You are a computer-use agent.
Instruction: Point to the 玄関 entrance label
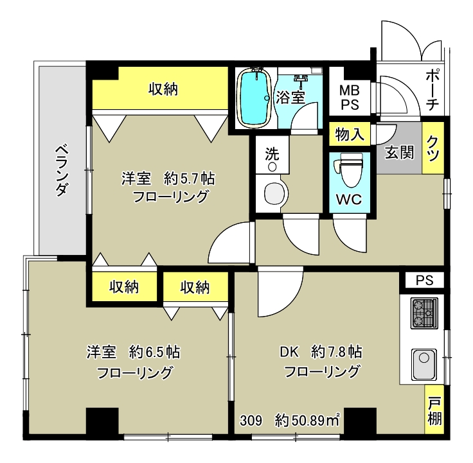[x=399, y=153]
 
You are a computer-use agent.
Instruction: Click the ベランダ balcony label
[x=62, y=170]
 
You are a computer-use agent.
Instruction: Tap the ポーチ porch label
[x=433, y=90]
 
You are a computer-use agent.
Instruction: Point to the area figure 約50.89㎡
[x=307, y=421]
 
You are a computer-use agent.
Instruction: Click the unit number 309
[x=251, y=421]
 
